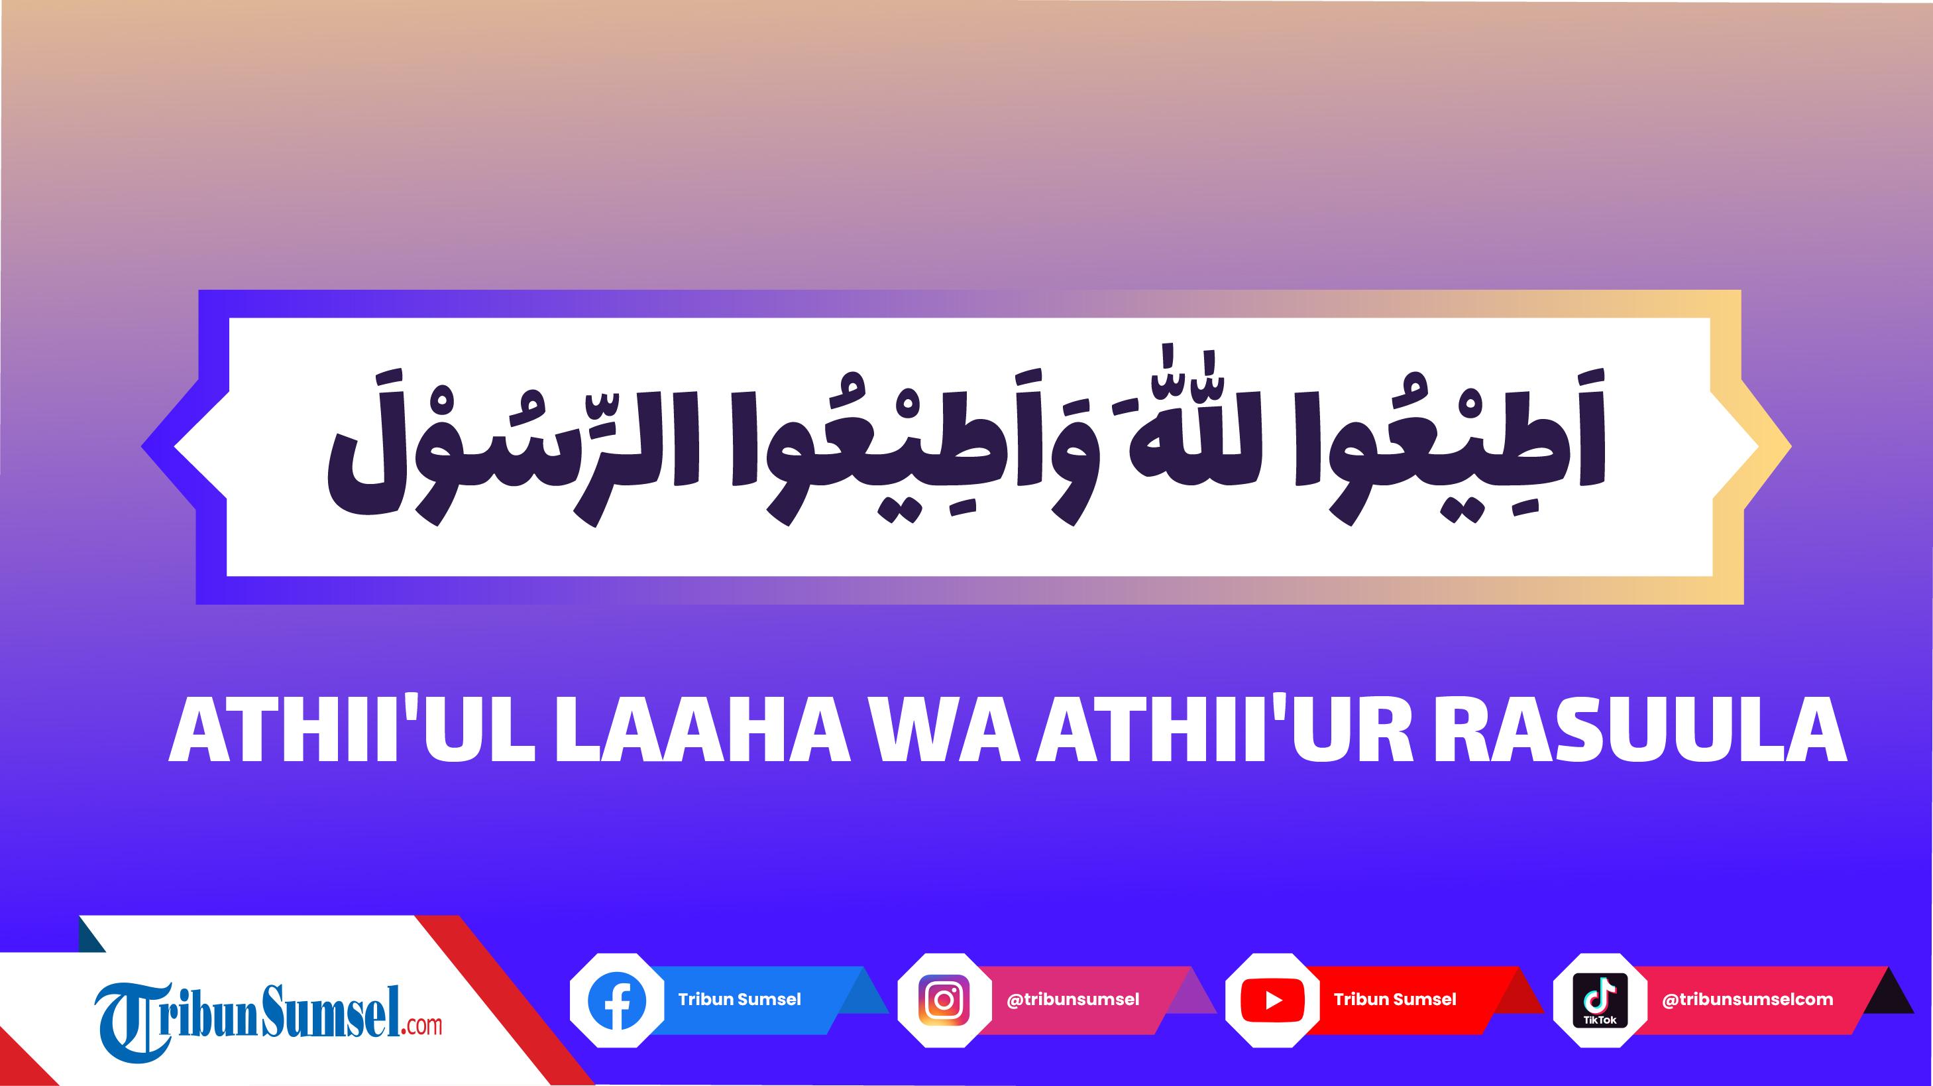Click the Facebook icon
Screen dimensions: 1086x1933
pyautogui.click(x=617, y=1000)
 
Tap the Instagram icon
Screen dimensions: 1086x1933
pyautogui.click(x=944, y=1000)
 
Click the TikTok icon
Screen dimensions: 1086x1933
pyautogui.click(x=1600, y=1000)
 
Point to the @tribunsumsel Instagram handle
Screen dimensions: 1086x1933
pyautogui.click(x=1072, y=1000)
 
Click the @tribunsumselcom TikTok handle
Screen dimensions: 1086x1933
pyautogui.click(x=1747, y=1000)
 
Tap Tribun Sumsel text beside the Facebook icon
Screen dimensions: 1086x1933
pyautogui.click(x=739, y=1000)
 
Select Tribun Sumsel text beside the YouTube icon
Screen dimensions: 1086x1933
pyautogui.click(x=1395, y=1000)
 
